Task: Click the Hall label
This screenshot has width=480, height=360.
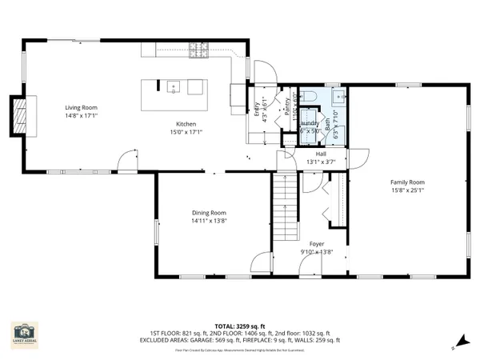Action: click(x=321, y=154)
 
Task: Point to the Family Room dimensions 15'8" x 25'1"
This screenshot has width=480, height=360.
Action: click(x=406, y=190)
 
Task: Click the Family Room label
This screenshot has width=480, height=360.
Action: click(x=406, y=182)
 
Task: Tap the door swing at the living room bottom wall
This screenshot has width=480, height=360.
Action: click(x=125, y=165)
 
